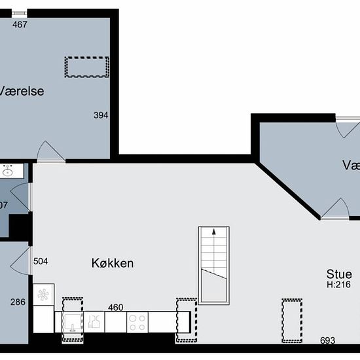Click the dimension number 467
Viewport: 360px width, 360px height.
click(20, 24)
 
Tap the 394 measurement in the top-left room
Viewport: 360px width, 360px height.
click(100, 115)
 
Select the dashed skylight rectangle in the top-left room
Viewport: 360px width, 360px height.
click(86, 67)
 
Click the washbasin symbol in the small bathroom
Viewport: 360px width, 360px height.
click(9, 171)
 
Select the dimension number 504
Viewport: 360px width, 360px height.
click(41, 261)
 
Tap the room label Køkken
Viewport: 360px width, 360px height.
click(112, 263)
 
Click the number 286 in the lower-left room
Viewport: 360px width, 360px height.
click(18, 302)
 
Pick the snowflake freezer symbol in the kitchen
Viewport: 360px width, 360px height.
click(43, 295)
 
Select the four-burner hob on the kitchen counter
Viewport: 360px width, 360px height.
click(137, 321)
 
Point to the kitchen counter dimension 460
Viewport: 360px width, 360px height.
click(115, 307)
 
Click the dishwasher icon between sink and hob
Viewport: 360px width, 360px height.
click(95, 321)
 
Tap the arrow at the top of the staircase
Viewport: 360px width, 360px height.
click(213, 232)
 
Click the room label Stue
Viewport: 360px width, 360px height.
click(340, 274)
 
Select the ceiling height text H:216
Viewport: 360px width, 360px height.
click(340, 285)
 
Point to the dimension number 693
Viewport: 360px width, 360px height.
click(328, 340)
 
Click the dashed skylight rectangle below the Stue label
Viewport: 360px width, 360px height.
click(291, 320)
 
